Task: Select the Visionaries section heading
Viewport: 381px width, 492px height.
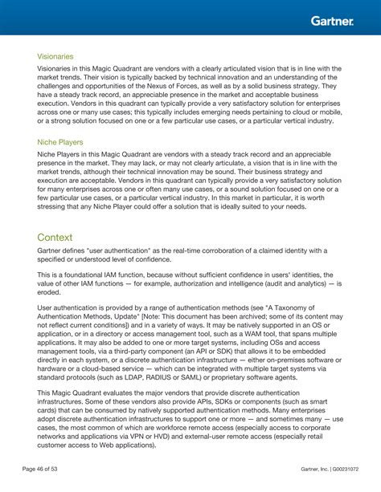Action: tap(55, 57)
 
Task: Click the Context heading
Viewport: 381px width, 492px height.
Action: tap(55, 238)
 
